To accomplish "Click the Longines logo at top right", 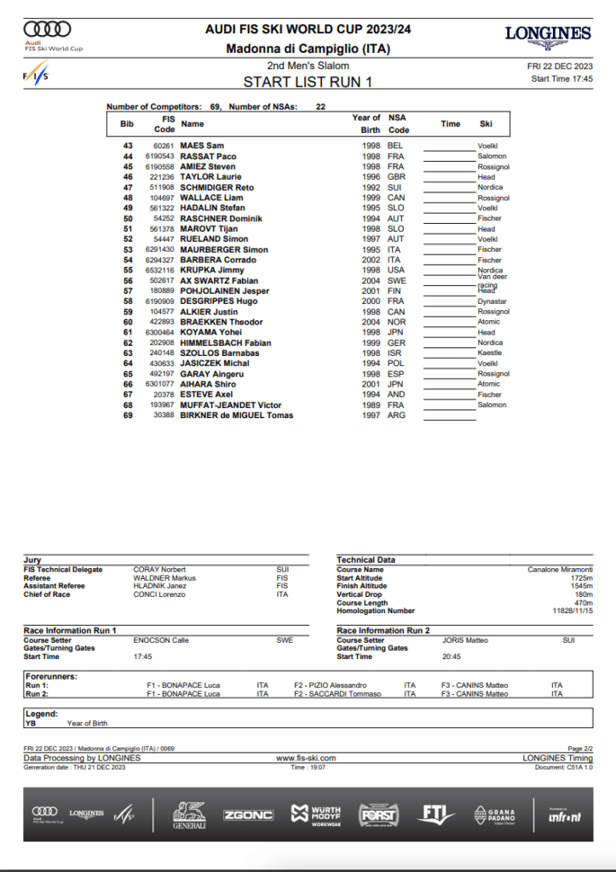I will pyautogui.click(x=548, y=35).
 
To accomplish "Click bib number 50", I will pyautogui.click(x=128, y=219).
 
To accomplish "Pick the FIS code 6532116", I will pyautogui.click(x=159, y=270).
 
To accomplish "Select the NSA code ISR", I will pyautogui.click(x=394, y=353).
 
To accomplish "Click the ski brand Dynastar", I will pyautogui.click(x=492, y=301).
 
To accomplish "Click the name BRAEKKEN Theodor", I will pyautogui.click(x=219, y=322).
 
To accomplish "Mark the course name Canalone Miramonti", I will pyautogui.click(x=561, y=569).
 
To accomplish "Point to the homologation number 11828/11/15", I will pyautogui.click(x=573, y=611).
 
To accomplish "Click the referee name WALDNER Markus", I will pyautogui.click(x=164, y=577).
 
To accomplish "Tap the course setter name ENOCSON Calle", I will pyautogui.click(x=161, y=640).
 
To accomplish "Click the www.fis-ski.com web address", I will pyautogui.click(x=306, y=758).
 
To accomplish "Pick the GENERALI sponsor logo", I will pyautogui.click(x=190, y=814).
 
